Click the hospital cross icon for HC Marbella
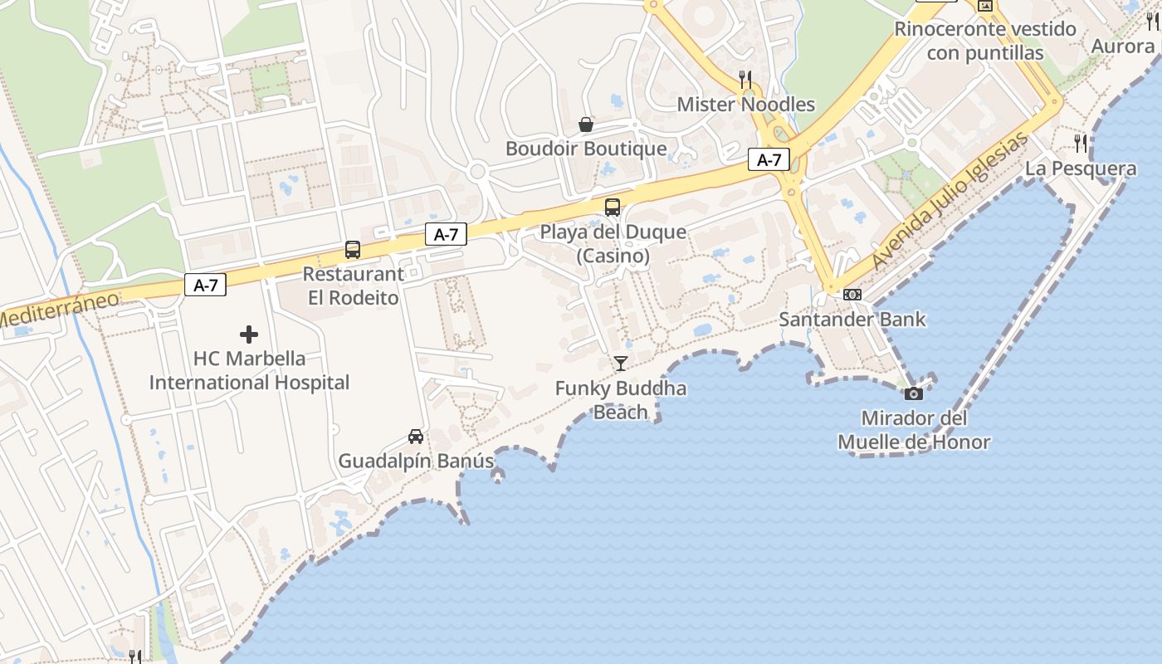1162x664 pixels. [249, 334]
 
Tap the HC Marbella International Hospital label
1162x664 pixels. [249, 370]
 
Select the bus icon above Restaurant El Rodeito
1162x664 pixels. [353, 249]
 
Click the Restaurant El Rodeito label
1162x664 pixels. [354, 286]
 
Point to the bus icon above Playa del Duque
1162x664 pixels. [613, 207]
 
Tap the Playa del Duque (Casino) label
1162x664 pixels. [613, 243]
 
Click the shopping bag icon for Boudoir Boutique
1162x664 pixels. [586, 124]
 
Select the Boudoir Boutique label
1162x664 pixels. [586, 149]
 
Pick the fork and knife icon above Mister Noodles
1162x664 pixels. [745, 80]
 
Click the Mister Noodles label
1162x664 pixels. [745, 105]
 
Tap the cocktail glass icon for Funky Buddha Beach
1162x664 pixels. [620, 363]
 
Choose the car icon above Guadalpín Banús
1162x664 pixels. [416, 436]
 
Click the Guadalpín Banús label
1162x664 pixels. [416, 461]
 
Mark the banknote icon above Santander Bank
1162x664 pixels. [852, 295]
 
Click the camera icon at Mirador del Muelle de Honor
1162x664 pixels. [914, 393]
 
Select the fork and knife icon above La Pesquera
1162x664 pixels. [1081, 144]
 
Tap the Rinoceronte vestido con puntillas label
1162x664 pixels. [984, 41]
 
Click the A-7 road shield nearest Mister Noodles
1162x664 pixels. [769, 159]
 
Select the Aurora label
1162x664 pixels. [1122, 46]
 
